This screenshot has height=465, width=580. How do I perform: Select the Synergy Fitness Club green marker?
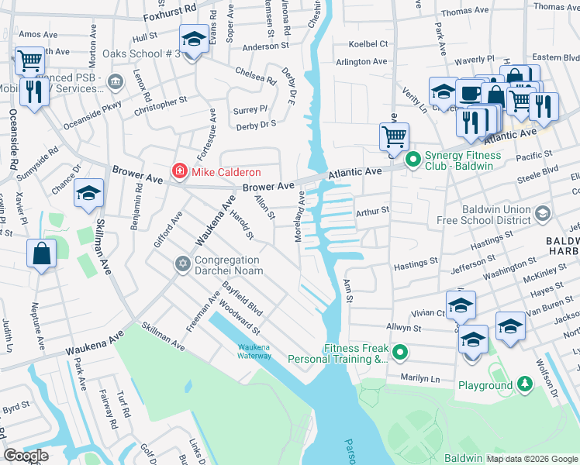point(413,160)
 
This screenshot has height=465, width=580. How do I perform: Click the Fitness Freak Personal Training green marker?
point(400,353)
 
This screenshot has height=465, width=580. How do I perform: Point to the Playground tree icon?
point(525,384)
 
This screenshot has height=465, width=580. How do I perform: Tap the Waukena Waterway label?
point(254,351)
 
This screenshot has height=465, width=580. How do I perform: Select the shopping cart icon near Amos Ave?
point(29,60)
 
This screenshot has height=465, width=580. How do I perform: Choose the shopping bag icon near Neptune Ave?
point(41,253)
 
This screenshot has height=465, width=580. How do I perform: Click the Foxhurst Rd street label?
point(171,14)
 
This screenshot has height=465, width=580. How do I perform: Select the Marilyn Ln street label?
point(419,379)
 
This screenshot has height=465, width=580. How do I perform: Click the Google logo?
point(26,456)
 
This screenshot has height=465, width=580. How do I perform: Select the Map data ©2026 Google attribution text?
point(532,458)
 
